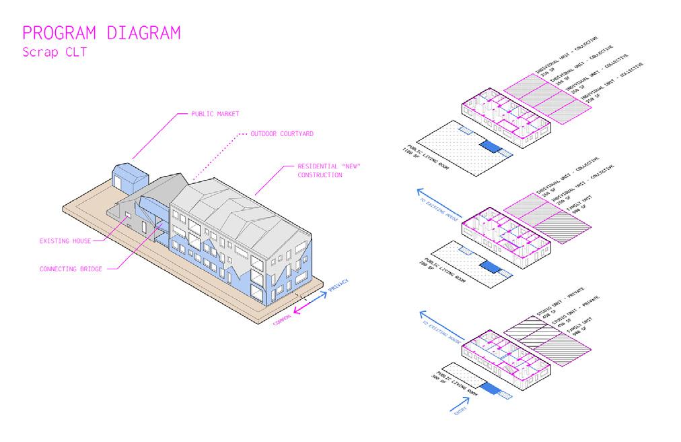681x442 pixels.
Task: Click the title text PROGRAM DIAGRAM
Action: pyautogui.click(x=101, y=33)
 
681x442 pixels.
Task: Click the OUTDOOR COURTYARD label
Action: pyautogui.click(x=281, y=133)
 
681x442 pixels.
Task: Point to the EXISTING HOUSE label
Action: pyautogui.click(x=65, y=240)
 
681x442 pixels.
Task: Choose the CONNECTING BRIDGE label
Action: pyautogui.click(x=71, y=269)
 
